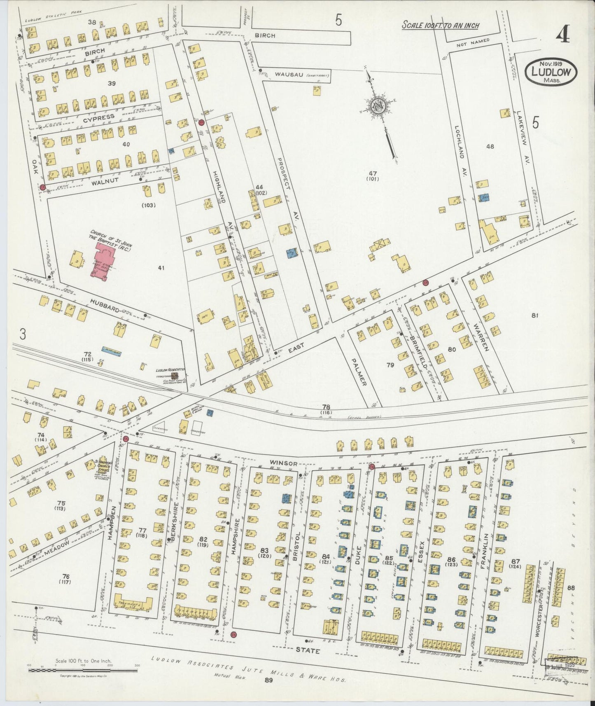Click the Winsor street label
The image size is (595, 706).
pyautogui.click(x=284, y=463)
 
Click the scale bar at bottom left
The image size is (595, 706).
pyautogui.click(x=82, y=670)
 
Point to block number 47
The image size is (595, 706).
pyautogui.click(x=373, y=173)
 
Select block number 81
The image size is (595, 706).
pyautogui.click(x=535, y=316)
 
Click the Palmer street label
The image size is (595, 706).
pyautogui.click(x=358, y=372)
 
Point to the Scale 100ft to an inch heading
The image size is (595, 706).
pyautogui.click(x=440, y=26)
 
